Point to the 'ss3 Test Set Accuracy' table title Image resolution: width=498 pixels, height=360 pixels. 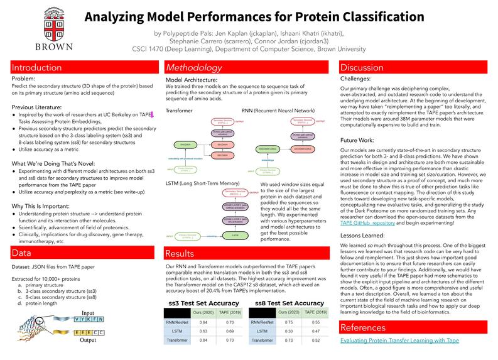tap(205, 303)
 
